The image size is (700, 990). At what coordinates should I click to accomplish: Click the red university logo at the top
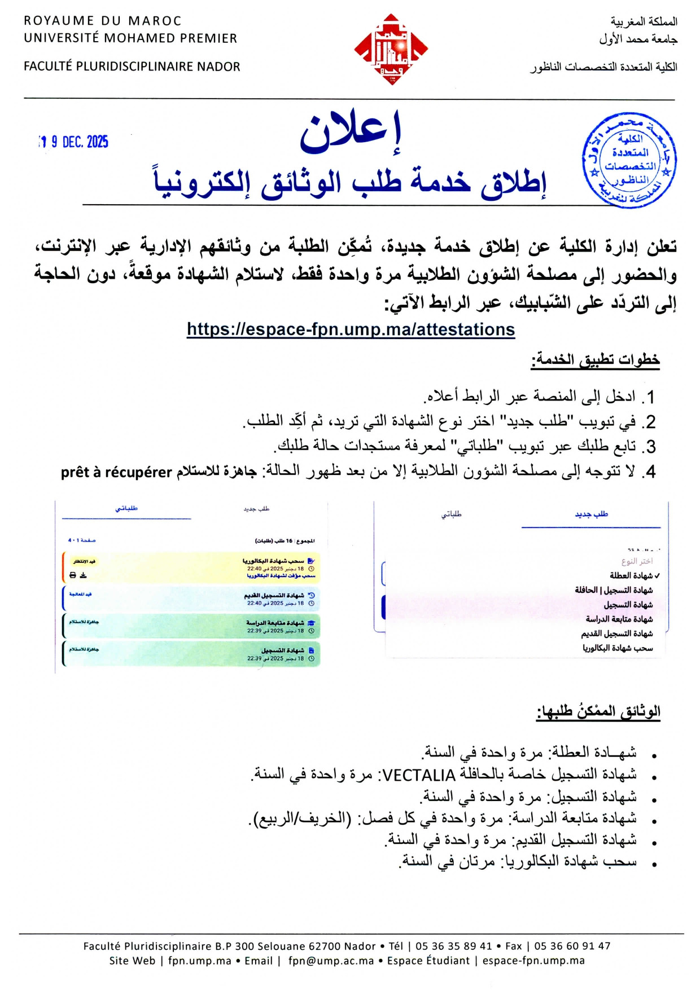(391, 50)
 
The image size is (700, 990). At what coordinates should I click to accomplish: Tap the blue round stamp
(629, 160)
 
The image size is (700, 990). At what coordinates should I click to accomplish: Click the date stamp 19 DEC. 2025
(74, 142)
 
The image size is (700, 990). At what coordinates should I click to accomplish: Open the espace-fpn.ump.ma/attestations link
(351, 329)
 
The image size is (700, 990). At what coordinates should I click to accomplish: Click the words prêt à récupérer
(116, 472)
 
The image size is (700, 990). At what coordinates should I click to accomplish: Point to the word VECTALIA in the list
(419, 776)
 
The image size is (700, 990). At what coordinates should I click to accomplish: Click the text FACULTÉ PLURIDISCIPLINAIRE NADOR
(132, 67)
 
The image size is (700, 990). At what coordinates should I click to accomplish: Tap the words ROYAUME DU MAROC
(102, 21)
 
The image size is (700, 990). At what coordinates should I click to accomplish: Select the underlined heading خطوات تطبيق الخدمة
(595, 360)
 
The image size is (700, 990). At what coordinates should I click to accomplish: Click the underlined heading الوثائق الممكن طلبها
(598, 712)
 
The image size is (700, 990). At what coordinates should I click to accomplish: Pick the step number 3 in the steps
(650, 447)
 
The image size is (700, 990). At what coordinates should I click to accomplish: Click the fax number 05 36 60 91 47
(572, 946)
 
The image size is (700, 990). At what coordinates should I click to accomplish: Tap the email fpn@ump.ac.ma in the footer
(331, 961)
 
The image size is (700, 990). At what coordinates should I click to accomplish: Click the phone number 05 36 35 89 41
(454, 946)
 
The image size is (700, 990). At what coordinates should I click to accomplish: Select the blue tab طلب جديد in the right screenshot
(591, 514)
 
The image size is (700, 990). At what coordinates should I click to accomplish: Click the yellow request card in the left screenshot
(191, 567)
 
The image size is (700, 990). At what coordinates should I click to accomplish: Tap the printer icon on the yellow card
(73, 575)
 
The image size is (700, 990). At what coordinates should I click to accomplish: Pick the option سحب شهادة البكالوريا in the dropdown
(618, 648)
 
